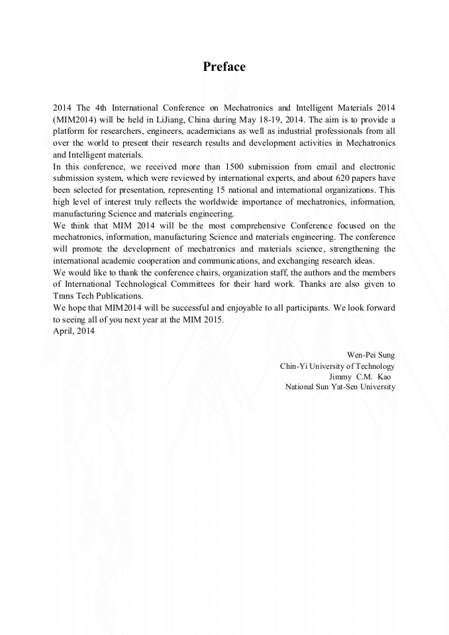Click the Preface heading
(x=224, y=67)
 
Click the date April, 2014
(x=73, y=331)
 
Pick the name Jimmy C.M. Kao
(x=364, y=376)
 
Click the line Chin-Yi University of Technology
(x=337, y=366)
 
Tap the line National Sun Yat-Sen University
(x=340, y=387)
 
